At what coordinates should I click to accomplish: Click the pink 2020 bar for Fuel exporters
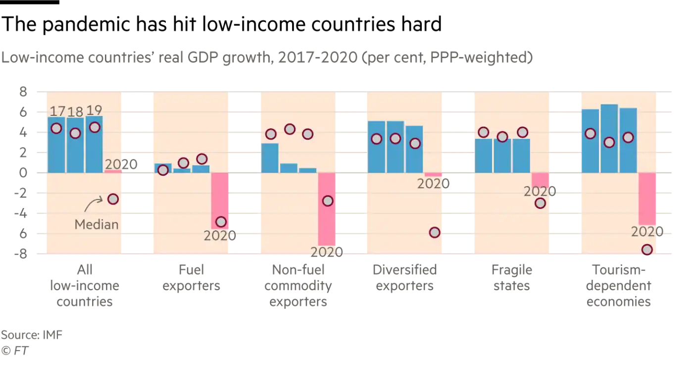point(220,201)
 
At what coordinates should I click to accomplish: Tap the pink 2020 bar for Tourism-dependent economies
point(647,199)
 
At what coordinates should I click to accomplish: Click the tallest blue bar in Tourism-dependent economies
point(609,138)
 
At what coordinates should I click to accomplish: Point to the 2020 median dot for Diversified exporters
point(435,232)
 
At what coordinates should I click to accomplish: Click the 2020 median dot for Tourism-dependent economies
point(647,250)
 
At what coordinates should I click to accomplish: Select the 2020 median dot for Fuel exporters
point(221,222)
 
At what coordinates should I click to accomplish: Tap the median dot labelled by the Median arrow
point(113,199)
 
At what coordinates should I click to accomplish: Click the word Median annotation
point(97,224)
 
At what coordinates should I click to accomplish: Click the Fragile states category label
point(511,277)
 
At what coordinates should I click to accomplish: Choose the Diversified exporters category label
point(404,277)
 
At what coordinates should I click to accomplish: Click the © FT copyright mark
point(15,351)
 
